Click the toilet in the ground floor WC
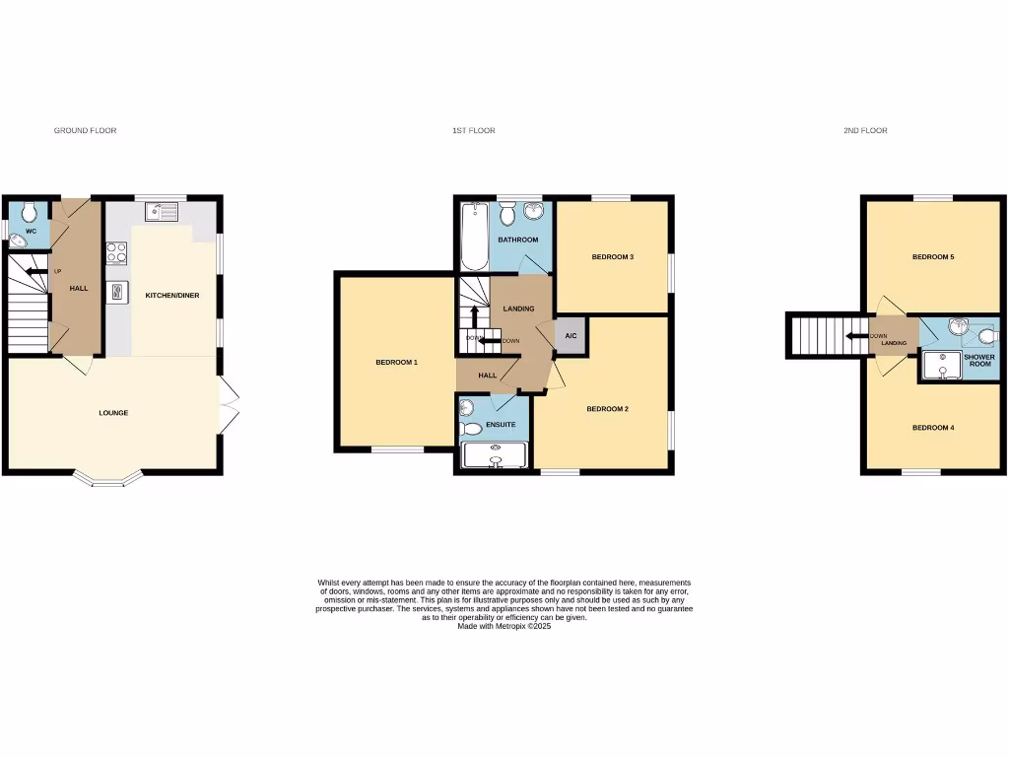(x=30, y=210)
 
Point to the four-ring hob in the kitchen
(x=117, y=253)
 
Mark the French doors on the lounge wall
(x=230, y=405)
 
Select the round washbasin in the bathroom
(x=535, y=214)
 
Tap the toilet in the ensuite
(x=472, y=428)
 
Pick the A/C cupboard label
(x=571, y=336)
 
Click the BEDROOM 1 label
(x=397, y=363)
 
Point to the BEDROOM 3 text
(x=612, y=257)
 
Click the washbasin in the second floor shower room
(x=956, y=327)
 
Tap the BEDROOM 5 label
(x=932, y=257)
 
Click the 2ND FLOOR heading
(x=865, y=130)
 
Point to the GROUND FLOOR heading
(x=85, y=130)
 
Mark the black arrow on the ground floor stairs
(x=36, y=272)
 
